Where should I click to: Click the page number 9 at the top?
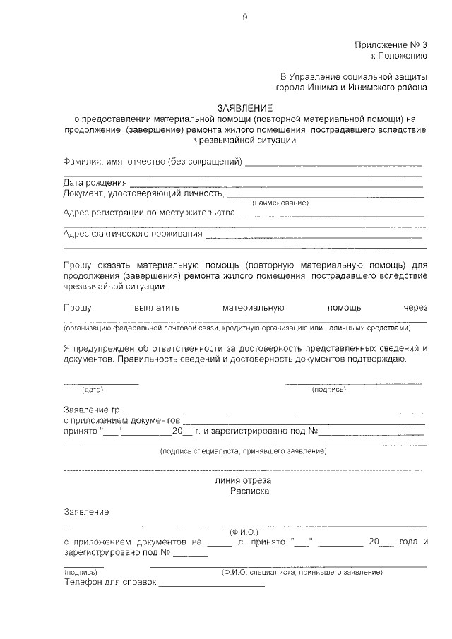pos(244,18)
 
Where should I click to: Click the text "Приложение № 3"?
pos(391,44)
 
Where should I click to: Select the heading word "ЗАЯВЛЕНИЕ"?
pos(244,107)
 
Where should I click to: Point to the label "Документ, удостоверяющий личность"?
pos(144,193)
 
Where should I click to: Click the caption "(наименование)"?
pos(280,203)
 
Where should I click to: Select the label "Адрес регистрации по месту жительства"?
pos(148,213)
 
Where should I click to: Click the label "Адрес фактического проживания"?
pos(133,233)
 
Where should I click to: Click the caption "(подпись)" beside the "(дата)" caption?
pos(328,390)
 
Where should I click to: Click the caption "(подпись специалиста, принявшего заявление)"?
pos(243,450)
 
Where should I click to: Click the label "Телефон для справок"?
pos(109,583)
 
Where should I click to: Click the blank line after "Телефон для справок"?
pos(212,585)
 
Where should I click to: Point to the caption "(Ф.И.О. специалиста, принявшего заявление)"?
pos(302,571)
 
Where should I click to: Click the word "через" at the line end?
pos(415,308)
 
